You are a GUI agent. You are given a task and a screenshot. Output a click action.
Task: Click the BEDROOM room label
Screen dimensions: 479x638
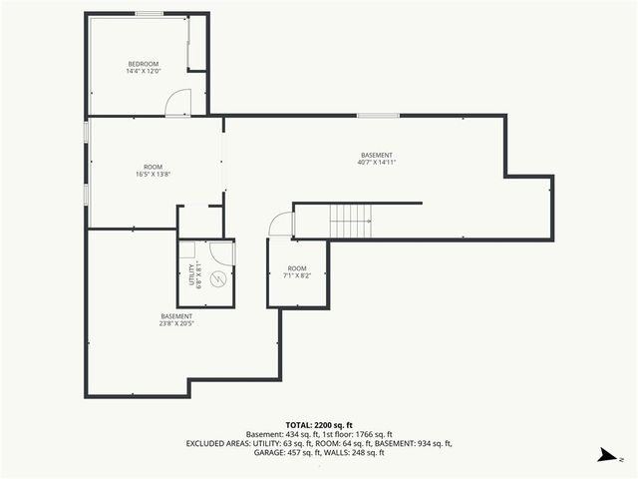click(x=143, y=64)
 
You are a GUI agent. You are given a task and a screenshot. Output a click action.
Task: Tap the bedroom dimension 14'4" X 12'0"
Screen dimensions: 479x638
click(x=143, y=72)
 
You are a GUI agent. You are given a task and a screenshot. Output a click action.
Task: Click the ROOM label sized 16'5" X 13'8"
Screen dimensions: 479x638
click(x=153, y=167)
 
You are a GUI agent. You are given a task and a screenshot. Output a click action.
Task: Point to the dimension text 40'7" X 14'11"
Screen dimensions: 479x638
click(x=377, y=162)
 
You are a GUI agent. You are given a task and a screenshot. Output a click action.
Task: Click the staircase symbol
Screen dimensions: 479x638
click(x=351, y=220)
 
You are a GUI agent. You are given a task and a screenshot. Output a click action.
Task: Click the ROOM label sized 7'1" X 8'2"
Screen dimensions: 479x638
click(x=297, y=268)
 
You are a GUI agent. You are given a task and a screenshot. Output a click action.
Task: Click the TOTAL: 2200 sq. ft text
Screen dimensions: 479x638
click(x=318, y=425)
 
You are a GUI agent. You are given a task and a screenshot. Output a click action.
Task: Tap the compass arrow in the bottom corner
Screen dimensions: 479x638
click(x=605, y=455)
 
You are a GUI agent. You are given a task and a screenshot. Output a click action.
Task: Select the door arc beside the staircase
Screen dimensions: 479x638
click(x=281, y=226)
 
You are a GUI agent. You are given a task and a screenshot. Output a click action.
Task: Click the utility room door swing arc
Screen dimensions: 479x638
click(x=223, y=252)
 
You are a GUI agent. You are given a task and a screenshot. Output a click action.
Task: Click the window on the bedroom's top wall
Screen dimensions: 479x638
click(x=150, y=14)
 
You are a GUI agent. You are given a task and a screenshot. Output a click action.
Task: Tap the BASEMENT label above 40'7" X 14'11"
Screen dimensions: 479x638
click(x=377, y=154)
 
